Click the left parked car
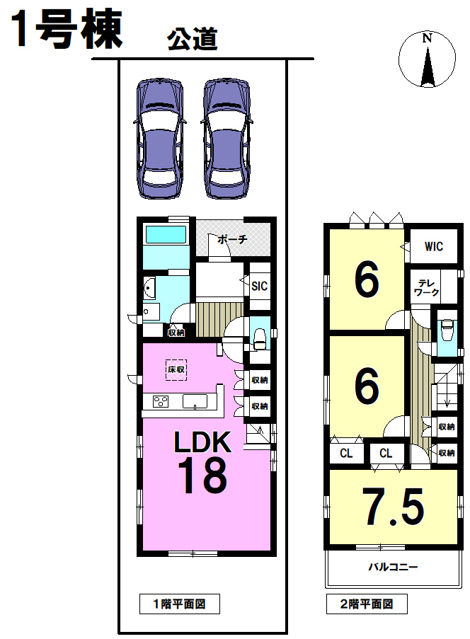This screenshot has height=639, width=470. (159, 139)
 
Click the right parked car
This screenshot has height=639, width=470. (227, 139)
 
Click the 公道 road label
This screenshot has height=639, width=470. (192, 40)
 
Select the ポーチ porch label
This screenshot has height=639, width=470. (232, 239)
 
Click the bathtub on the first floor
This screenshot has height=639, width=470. (166, 234)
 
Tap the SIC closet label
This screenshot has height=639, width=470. (259, 286)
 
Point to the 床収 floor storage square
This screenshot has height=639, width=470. (176, 369)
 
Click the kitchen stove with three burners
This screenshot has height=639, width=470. (161, 401)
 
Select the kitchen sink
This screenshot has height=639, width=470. (195, 401)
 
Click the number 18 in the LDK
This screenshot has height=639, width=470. (202, 475)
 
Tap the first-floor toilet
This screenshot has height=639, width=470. (260, 339)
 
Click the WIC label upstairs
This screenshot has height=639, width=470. (434, 246)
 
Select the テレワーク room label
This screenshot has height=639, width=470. (426, 288)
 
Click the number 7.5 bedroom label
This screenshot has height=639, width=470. (394, 507)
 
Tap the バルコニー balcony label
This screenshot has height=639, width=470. (394, 566)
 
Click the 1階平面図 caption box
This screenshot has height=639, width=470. (179, 604)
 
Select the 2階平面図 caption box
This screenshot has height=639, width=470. (367, 604)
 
